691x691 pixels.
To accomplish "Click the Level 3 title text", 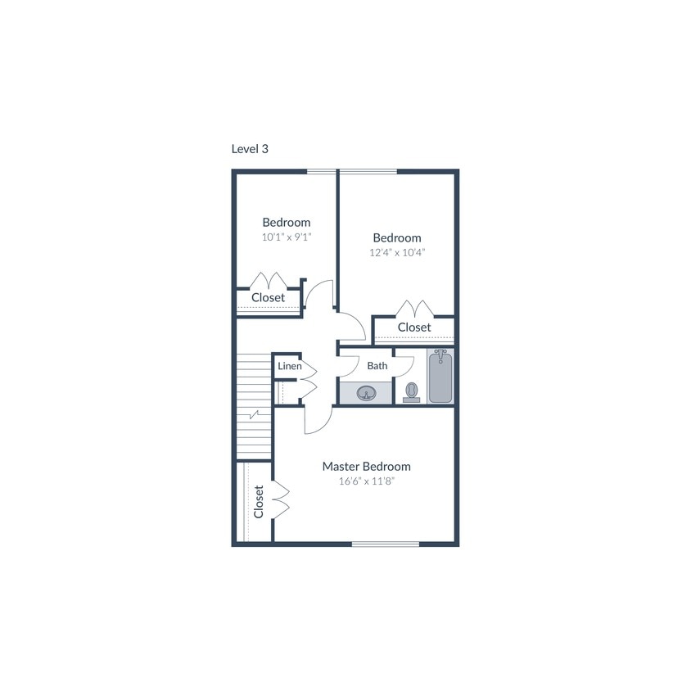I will point(250,149).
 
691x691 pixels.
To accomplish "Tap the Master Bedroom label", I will point(366,467).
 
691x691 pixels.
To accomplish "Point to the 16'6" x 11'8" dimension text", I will point(366,481).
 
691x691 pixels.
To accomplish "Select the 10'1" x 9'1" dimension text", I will point(287,237).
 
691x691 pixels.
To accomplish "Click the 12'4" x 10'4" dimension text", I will point(397,252).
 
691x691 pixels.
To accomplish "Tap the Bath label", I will point(377,366).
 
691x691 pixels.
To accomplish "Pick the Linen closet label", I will point(289,366).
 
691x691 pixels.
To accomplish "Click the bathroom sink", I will point(365,395).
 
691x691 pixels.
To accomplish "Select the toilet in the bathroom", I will point(411,392).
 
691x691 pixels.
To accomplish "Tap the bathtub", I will point(440,376).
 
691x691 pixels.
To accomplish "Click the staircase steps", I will point(255,405).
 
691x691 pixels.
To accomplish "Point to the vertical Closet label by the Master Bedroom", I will point(259,501).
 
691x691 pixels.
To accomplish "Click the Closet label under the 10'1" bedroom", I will point(269,297).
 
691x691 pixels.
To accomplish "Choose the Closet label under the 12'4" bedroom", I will point(414,327).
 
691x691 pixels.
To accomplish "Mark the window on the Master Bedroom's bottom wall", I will point(385,544).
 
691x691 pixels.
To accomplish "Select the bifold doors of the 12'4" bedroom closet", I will point(414,309).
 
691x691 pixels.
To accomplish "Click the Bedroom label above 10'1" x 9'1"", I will point(287,222).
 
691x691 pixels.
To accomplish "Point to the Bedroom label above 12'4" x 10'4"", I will point(397,237).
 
